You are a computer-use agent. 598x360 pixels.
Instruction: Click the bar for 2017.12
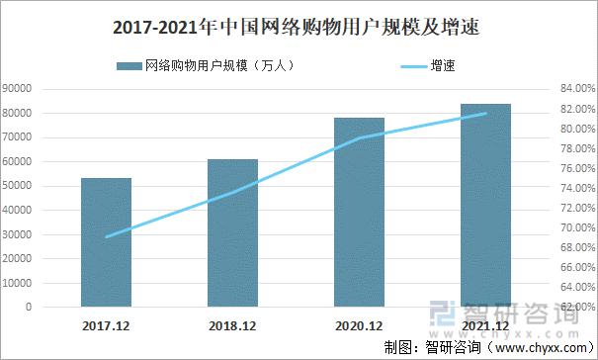click(x=106, y=242)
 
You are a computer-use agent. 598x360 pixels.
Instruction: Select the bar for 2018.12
click(x=232, y=233)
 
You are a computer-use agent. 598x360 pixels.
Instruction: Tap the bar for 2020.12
click(x=359, y=213)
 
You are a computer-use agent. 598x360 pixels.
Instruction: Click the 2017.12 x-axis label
click(x=106, y=325)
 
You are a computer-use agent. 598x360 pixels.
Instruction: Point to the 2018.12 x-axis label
click(x=232, y=325)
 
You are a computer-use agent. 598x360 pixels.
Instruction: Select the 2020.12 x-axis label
click(x=359, y=325)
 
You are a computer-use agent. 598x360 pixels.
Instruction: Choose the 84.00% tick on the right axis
click(x=574, y=89)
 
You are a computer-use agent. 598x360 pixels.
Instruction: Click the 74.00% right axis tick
click(x=574, y=188)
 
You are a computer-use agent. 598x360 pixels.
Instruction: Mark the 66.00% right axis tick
click(x=574, y=267)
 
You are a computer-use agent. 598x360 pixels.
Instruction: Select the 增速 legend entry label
click(x=442, y=66)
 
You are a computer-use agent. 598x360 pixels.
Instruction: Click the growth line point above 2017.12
click(x=106, y=236)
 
